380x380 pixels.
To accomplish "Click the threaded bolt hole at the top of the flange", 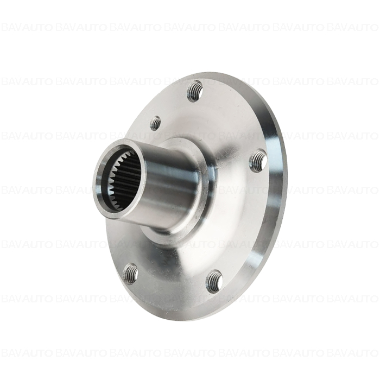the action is point(195,91).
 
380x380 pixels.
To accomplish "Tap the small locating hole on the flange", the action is point(155,123).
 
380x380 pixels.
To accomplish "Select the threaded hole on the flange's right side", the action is point(258,161).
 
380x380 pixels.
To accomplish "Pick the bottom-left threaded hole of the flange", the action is point(130,274).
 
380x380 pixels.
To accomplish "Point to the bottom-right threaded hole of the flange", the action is point(214,281).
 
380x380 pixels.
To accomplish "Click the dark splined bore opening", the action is point(121,179).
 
